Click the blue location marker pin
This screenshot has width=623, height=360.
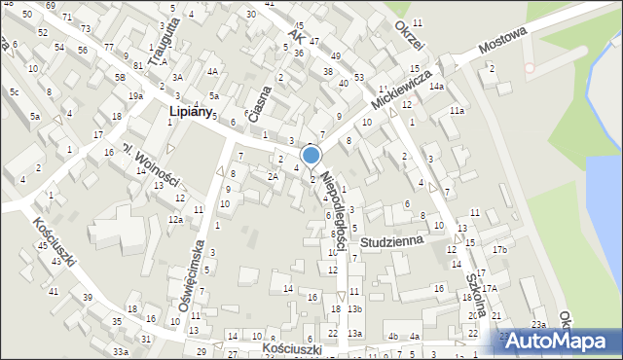click(x=311, y=156)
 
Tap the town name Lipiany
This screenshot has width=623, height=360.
click(x=190, y=112)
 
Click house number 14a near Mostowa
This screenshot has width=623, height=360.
click(x=437, y=87)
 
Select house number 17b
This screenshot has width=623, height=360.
click(x=499, y=250)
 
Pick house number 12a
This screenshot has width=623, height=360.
click(x=175, y=220)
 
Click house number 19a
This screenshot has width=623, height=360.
click(x=135, y=95)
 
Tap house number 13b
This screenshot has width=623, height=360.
click(x=355, y=309)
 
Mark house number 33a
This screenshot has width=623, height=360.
click(x=120, y=350)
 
